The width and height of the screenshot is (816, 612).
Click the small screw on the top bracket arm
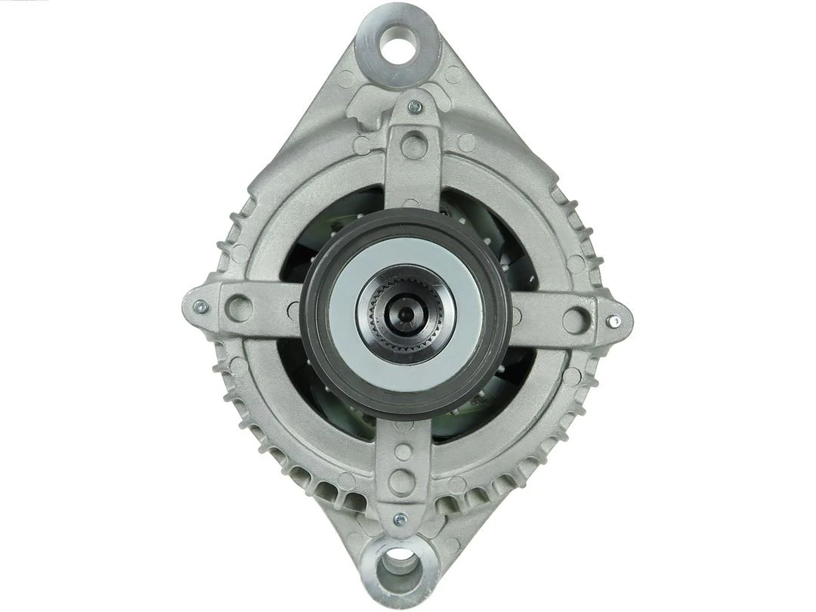click(x=414, y=107)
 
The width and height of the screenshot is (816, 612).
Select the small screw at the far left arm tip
click(x=200, y=307)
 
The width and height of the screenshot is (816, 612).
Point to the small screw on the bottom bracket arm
click(x=400, y=520)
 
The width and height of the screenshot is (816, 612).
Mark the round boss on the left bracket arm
click(x=240, y=307)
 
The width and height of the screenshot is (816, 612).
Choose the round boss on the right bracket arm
click(x=574, y=320)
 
